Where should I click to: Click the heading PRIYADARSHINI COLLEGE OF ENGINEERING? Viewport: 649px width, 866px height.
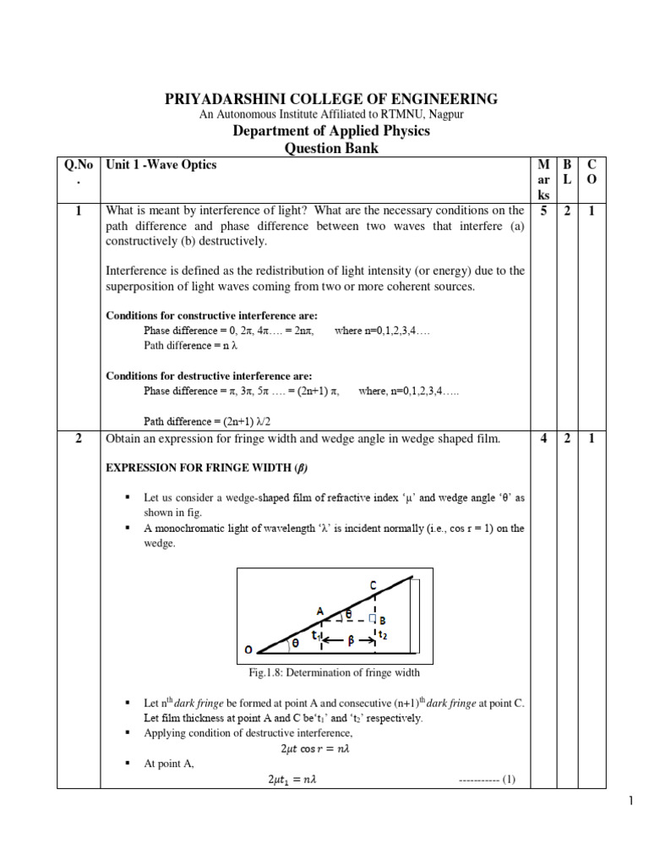coord(330,98)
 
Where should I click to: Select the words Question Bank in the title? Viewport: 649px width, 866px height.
coord(330,148)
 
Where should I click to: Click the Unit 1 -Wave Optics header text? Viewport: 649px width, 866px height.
coord(160,165)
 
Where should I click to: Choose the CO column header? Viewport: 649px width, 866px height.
coord(592,173)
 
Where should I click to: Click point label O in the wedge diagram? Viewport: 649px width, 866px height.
coord(248,649)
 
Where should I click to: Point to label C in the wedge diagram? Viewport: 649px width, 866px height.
coord(373,584)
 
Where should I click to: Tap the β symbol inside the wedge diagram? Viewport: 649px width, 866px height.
coord(349,641)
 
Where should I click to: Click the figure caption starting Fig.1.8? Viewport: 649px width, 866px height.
coord(330,673)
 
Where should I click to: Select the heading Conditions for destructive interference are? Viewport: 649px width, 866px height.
coord(209,375)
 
